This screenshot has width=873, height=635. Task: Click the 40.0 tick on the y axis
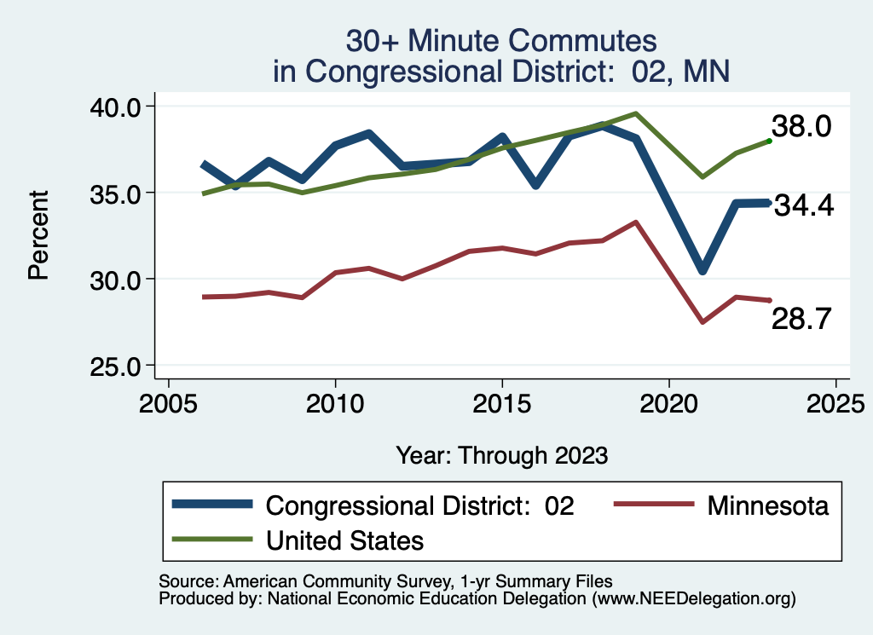119,107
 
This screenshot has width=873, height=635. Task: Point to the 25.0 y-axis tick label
119,367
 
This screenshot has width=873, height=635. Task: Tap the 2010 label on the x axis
335,401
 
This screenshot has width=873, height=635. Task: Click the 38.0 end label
801,127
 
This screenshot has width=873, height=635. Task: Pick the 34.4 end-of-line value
803,206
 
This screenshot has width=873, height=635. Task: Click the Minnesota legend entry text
767,505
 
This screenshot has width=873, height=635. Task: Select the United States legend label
344,540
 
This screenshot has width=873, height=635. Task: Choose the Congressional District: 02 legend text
420,505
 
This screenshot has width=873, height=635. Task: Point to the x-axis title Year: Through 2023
501,455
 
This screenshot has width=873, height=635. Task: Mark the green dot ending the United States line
769,141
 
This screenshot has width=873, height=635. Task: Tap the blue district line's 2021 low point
702,270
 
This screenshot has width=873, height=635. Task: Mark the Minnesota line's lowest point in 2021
702,322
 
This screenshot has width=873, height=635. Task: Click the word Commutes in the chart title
581,41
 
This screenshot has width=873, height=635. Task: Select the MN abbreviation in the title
708,71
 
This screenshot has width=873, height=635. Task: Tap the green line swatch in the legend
212,540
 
